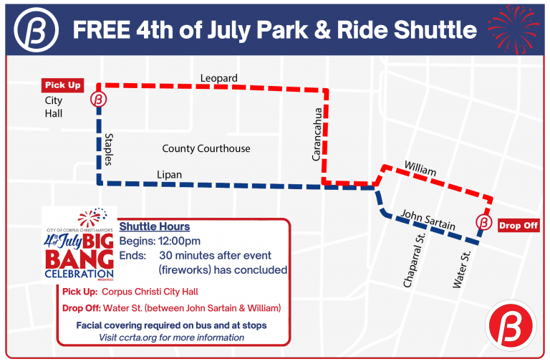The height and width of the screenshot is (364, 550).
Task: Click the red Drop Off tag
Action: [518, 225]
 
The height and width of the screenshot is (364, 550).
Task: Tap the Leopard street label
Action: [219, 78]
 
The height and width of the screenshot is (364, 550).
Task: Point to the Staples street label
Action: [110, 148]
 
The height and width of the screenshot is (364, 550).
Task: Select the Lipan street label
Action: [170, 175]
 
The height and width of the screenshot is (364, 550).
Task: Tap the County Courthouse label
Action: [206, 148]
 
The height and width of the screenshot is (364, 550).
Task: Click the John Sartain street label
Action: [428, 220]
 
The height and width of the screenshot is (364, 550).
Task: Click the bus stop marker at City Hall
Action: [99, 100]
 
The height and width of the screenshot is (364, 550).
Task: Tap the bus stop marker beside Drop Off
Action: [484, 223]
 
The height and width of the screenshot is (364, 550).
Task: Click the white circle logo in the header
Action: [35, 31]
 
